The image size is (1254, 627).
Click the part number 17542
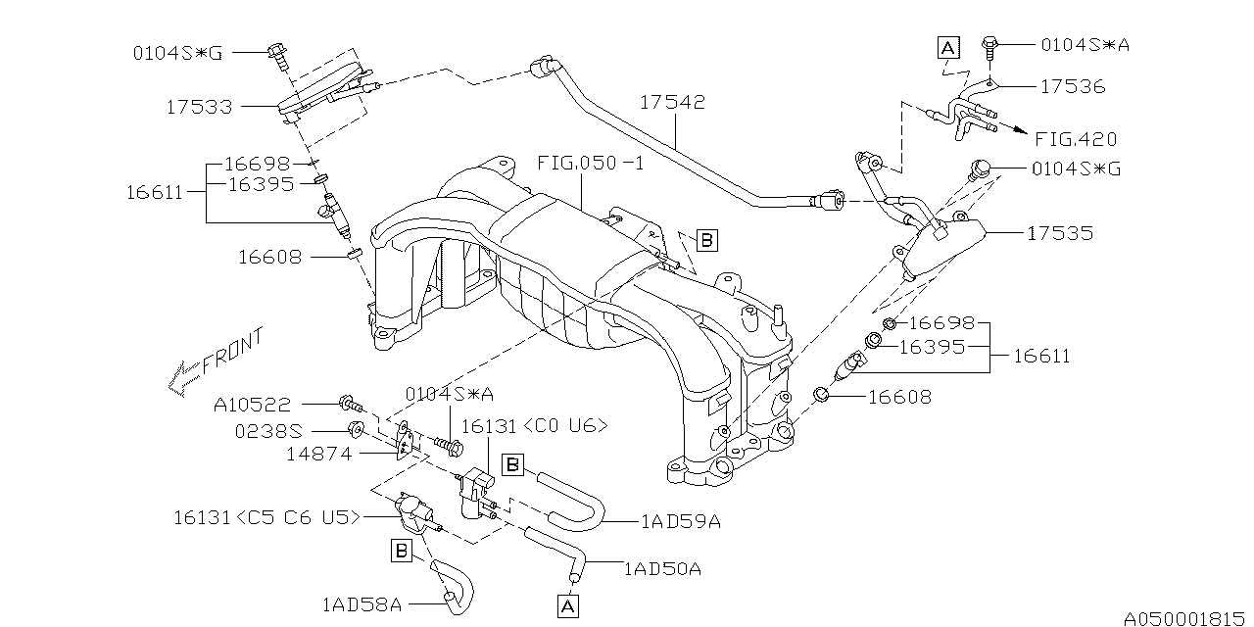coord(673,102)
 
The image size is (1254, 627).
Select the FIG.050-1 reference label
coord(591,163)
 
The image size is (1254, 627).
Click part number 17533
coord(200,107)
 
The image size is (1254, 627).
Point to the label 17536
coord(1072,87)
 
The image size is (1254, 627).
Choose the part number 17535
coord(1060,233)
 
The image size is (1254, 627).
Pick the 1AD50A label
coord(660,567)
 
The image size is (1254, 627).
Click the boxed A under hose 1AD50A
coord(567,608)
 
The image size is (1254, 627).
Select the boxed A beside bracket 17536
coord(947,45)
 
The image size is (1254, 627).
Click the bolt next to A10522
coord(351,403)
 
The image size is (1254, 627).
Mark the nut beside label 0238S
coord(357,429)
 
